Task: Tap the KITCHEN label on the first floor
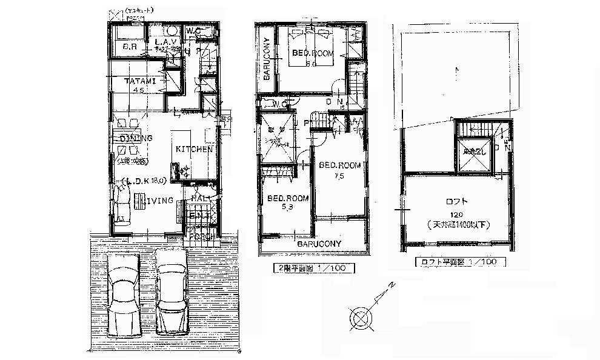coord(194,148)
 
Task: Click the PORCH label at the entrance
coord(201,236)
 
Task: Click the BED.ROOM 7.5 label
coord(339,165)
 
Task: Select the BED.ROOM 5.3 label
coord(287,198)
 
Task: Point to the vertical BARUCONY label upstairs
coord(266,59)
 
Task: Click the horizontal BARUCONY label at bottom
coord(319,244)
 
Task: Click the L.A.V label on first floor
coord(165,42)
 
